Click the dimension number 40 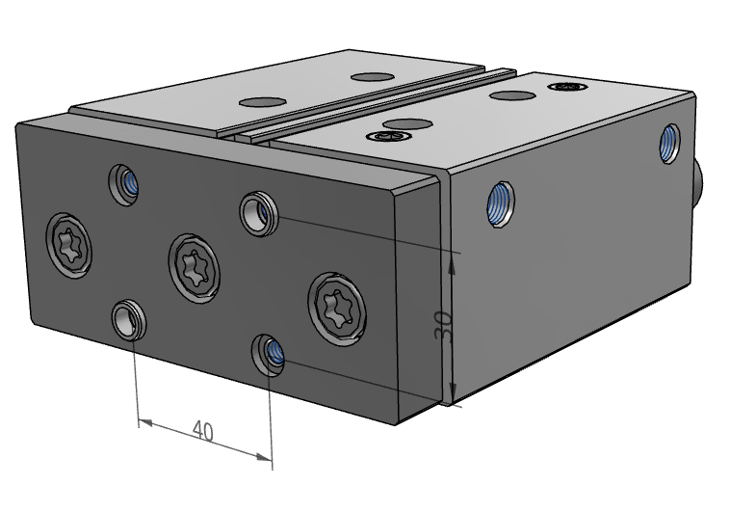pos(203,431)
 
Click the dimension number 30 pos(443,327)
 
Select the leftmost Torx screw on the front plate pos(69,245)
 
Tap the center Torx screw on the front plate pos(195,269)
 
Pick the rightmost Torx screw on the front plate pos(337,309)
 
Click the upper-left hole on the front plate pos(123,185)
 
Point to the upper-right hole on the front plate pos(259,213)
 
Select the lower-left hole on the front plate pos(129,320)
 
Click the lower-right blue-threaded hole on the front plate pos(269,355)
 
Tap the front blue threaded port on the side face pos(501,204)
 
